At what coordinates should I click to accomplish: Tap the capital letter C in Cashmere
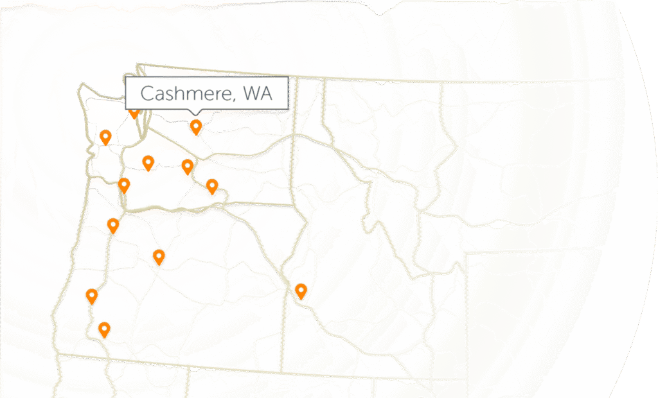[x=148, y=94]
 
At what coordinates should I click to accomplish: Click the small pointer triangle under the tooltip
[x=196, y=114]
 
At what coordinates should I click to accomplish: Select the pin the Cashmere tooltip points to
[x=196, y=127]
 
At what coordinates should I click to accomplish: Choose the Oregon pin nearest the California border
[x=103, y=329]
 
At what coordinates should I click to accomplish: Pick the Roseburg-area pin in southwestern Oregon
[x=92, y=296]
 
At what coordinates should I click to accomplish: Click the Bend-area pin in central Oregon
[x=159, y=257]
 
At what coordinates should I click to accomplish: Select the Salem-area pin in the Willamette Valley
[x=113, y=225]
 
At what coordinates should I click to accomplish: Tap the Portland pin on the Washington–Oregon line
[x=124, y=185]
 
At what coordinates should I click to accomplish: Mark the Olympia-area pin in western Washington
[x=105, y=136]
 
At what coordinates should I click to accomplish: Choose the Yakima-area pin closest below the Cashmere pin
[x=187, y=166]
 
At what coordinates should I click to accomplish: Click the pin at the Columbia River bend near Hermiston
[x=212, y=186]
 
